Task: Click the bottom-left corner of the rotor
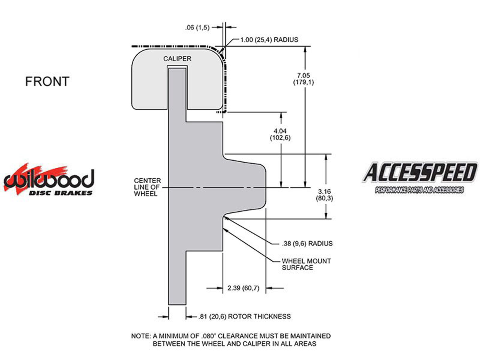tap(168, 304)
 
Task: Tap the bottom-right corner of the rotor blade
tap(186, 304)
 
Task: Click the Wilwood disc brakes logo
tap(49, 179)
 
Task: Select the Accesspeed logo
tap(419, 177)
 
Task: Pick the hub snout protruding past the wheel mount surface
tap(244, 187)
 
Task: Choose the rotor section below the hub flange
tap(177, 277)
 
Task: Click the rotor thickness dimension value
tap(212, 316)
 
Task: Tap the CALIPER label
tap(177, 58)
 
